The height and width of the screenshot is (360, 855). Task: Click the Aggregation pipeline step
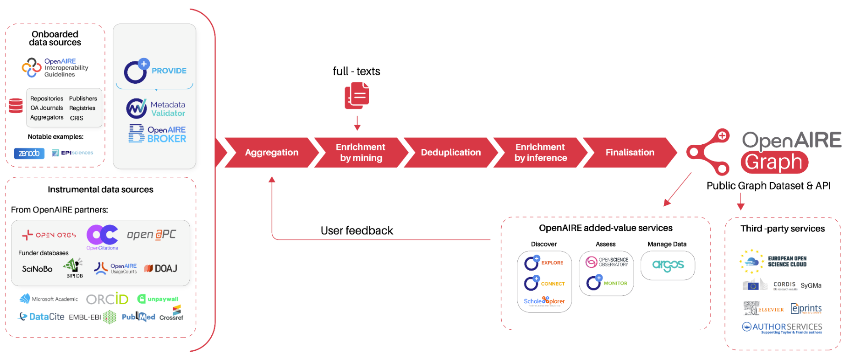(271, 153)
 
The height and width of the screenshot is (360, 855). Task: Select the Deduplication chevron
(450, 153)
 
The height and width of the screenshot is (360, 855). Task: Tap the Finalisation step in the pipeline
(630, 153)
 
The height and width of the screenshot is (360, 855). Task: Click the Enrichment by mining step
(361, 153)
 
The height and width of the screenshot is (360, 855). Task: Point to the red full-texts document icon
(357, 95)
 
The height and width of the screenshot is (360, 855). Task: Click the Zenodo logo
(29, 153)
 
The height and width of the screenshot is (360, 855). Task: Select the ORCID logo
(107, 299)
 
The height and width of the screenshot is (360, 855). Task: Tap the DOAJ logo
(161, 268)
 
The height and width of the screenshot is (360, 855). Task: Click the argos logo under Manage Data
(668, 265)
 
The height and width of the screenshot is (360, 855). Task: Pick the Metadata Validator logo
(156, 109)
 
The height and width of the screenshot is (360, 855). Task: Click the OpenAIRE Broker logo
(158, 134)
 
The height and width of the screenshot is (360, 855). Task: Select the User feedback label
(356, 230)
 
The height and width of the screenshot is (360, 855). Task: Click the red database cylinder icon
(16, 105)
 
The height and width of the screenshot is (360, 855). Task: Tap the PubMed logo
(138, 317)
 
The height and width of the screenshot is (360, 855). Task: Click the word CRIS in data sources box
(77, 118)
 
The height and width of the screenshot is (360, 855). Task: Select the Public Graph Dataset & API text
(768, 186)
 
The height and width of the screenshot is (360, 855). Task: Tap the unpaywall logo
(158, 299)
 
